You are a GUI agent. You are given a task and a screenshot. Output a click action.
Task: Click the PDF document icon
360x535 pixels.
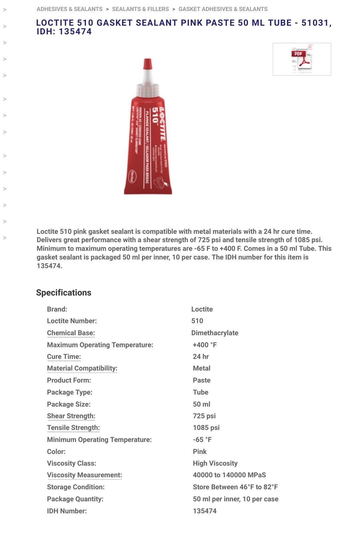pos(302,59)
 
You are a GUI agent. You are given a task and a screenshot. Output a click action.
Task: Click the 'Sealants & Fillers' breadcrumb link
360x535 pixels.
pos(140,9)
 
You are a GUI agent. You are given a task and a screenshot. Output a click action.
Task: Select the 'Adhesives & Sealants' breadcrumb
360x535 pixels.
pos(69,9)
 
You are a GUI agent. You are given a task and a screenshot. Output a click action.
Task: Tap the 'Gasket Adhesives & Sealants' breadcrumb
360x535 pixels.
pos(223,9)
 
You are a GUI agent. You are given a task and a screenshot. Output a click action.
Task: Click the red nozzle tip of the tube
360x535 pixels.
pos(147,64)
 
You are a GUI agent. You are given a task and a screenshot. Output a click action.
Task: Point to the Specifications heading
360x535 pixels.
pos(64,293)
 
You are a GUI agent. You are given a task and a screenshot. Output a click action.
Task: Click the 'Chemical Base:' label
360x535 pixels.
pos(71,333)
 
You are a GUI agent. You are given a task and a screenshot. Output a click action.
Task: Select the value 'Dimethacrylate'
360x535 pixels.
pos(215,333)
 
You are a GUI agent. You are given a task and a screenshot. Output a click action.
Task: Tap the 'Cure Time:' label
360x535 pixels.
pos(64,357)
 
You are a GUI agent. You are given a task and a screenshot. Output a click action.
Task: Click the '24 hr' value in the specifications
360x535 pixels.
pos(201,357)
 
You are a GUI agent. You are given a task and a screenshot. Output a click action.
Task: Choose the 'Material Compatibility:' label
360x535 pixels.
pos(82,368)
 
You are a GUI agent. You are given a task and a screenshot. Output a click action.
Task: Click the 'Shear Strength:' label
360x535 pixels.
pos(71,416)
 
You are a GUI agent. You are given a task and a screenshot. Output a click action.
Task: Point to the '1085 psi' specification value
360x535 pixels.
pos(206,428)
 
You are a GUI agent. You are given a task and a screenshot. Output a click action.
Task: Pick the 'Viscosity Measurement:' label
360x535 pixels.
pos(84,475)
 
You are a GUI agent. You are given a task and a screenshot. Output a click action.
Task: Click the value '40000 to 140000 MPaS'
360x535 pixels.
pos(229,475)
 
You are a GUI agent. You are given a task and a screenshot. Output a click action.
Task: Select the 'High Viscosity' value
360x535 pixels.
pos(215,463)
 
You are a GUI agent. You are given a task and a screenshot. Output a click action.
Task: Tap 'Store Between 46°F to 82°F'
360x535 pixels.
pos(235,487)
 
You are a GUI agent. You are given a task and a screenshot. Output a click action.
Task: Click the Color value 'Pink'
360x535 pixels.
pos(200,452)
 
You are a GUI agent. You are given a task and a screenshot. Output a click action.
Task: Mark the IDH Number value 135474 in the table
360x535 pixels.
pos(205,511)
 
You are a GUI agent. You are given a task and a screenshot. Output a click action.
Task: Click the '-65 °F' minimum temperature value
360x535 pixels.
pos(202,440)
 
